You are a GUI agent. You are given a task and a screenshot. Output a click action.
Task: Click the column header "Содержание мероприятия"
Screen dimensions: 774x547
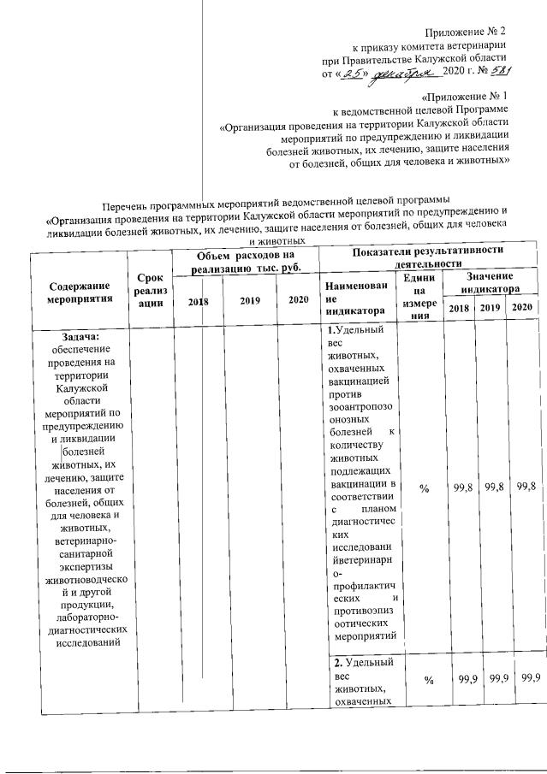(80, 292)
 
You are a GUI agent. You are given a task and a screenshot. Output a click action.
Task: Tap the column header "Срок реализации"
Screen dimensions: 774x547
(149, 293)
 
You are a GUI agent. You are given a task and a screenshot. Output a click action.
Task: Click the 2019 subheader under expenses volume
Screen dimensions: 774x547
(250, 300)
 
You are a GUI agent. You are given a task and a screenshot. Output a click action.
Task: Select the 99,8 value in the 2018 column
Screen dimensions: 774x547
(462, 487)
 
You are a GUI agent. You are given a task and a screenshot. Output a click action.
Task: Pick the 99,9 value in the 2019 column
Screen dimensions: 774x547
(492, 678)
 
